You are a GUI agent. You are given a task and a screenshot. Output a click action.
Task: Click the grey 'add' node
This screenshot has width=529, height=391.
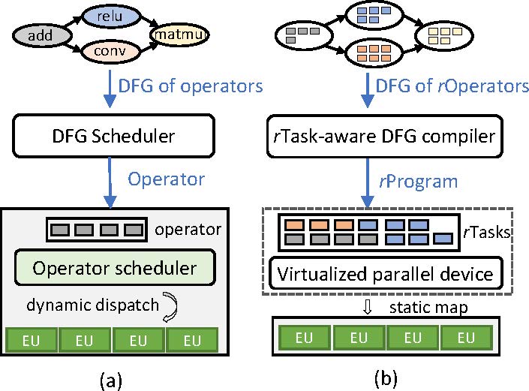pos(37,35)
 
